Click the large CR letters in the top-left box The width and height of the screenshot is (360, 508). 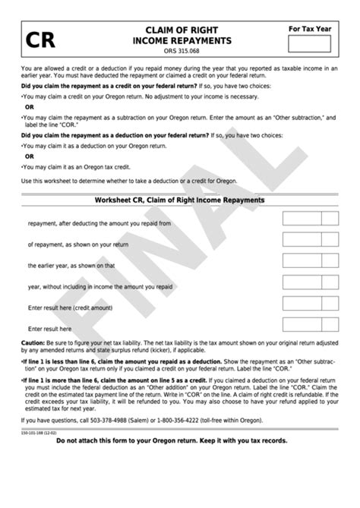39,39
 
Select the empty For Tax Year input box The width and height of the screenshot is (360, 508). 309,43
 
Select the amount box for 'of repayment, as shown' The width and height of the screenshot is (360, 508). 302,241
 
